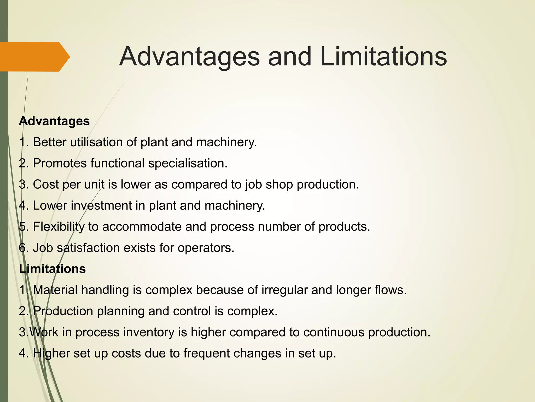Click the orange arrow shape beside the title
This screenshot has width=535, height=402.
point(34,57)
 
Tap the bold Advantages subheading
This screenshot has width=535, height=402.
point(54,121)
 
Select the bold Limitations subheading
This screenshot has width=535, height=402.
point(52,269)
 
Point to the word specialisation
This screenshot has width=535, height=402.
point(188,164)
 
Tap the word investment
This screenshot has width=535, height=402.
point(101,206)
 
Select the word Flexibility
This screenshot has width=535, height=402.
point(59,227)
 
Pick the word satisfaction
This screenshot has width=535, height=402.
point(88,248)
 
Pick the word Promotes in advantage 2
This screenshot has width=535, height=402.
point(60,164)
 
